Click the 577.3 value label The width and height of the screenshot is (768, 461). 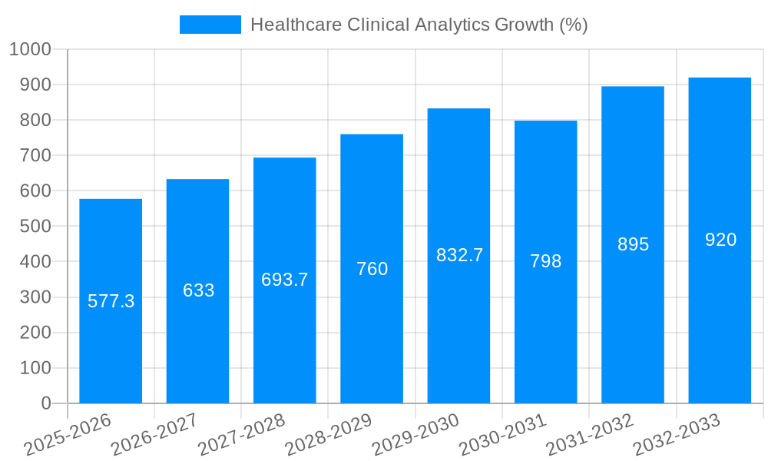click(x=111, y=301)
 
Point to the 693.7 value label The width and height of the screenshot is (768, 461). click(x=285, y=280)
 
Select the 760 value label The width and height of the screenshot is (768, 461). click(x=372, y=269)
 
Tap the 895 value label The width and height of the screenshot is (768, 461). click(x=634, y=244)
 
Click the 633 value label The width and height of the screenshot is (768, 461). click(x=198, y=290)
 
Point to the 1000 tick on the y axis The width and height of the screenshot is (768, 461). click(x=30, y=50)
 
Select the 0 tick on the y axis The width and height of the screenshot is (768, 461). click(x=46, y=403)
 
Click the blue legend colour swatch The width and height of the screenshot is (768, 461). click(x=210, y=25)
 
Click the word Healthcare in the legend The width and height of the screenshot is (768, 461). click(x=296, y=25)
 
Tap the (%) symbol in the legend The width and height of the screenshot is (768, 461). click(x=574, y=25)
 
